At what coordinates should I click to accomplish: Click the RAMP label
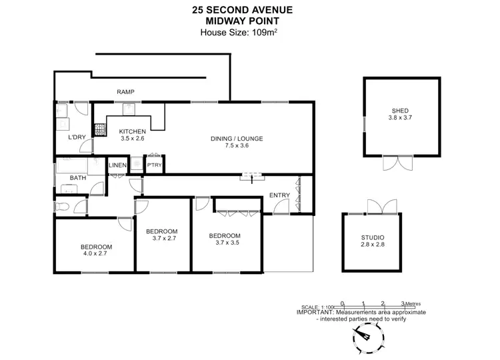(125, 92)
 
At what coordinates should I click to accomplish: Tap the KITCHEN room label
(132, 131)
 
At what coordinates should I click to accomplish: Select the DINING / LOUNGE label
(237, 139)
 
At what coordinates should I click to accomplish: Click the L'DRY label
(67, 139)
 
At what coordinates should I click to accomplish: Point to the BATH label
(79, 177)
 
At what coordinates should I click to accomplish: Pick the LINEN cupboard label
(117, 165)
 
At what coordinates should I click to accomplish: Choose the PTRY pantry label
(154, 165)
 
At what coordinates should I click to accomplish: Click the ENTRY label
(279, 195)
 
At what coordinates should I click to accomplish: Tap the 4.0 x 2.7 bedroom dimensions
(95, 254)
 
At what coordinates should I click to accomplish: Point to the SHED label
(400, 111)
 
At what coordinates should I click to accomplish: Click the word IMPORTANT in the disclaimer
(315, 312)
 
